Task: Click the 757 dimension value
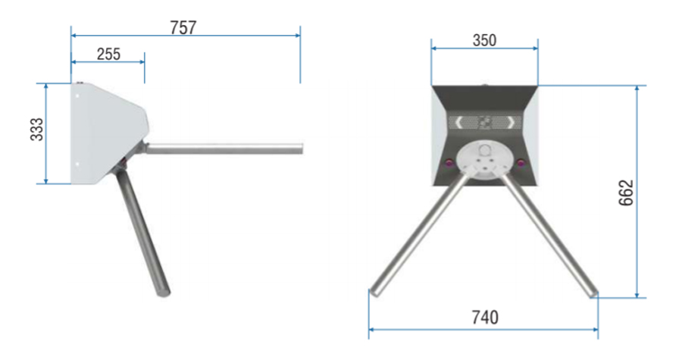click(183, 27)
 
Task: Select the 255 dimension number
click(108, 55)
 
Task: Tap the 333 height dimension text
click(37, 129)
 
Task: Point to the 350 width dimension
click(484, 40)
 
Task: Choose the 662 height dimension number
click(627, 193)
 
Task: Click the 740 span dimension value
click(485, 318)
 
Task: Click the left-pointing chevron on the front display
click(458, 123)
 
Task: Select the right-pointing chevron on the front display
click(512, 123)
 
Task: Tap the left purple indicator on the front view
click(449, 163)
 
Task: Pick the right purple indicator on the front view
click(521, 163)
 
